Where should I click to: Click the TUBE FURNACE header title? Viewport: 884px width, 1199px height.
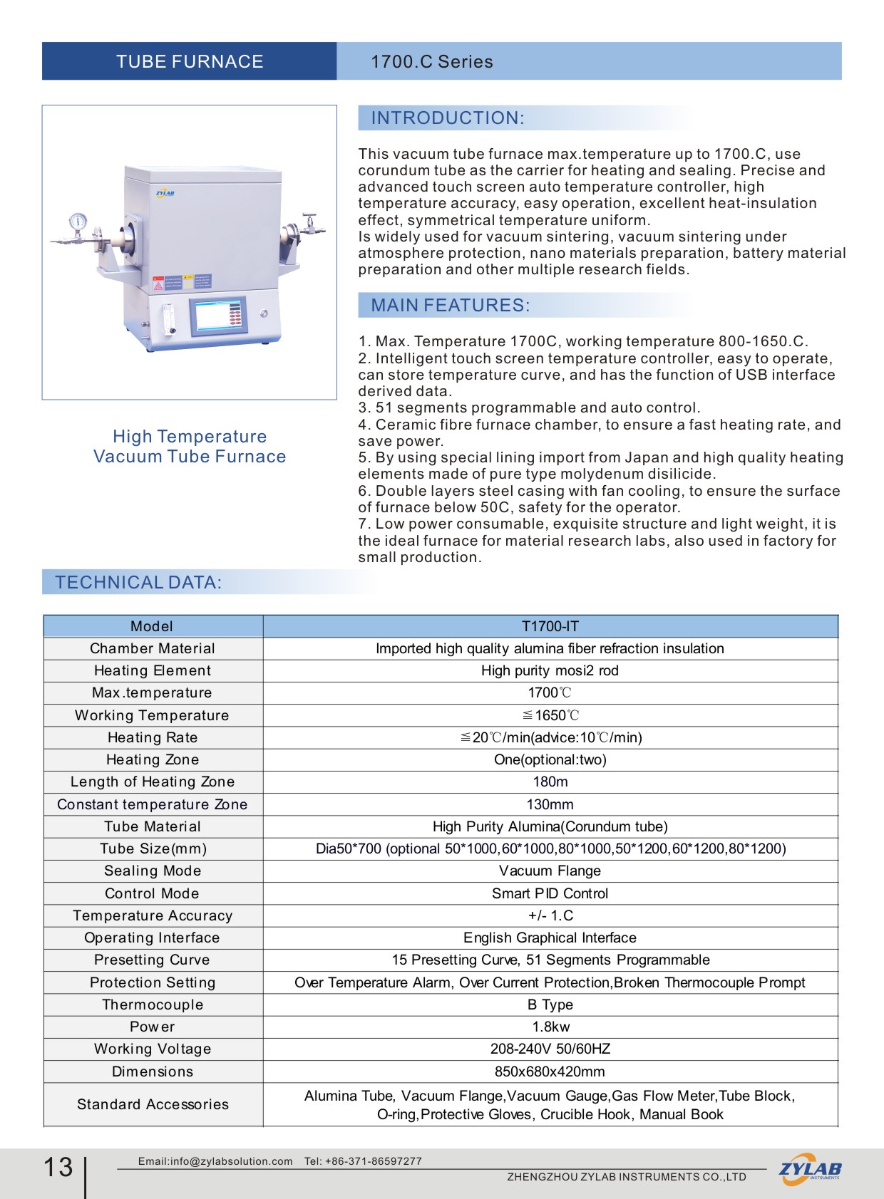[x=190, y=62]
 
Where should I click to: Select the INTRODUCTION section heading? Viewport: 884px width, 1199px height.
[x=448, y=118]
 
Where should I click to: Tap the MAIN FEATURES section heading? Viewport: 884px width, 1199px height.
[x=450, y=306]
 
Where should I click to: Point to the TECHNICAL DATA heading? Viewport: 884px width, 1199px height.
[x=138, y=583]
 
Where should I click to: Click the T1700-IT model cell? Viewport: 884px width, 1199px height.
[x=550, y=626]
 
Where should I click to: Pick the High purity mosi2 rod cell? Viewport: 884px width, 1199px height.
[x=550, y=670]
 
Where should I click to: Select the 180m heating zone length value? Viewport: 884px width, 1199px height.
[x=550, y=782]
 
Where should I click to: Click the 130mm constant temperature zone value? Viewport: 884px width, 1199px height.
[x=550, y=804]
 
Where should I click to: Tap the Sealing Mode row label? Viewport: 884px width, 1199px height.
[x=153, y=871]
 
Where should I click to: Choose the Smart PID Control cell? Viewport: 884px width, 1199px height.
[x=550, y=893]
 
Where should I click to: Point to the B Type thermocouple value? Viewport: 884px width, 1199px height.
[x=550, y=1005]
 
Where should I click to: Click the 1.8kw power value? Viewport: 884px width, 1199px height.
[x=550, y=1027]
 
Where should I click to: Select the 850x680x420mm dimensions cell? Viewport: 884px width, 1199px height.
[x=550, y=1071]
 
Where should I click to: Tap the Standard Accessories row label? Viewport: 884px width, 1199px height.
[x=153, y=1104]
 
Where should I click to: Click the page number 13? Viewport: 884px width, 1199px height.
[x=58, y=1167]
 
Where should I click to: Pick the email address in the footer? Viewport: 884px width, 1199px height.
[x=215, y=1161]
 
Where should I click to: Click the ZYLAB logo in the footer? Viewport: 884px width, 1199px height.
[x=810, y=1169]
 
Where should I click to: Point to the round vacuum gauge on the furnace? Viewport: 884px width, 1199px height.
[x=78, y=221]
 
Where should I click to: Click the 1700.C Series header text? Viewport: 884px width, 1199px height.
[x=431, y=62]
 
